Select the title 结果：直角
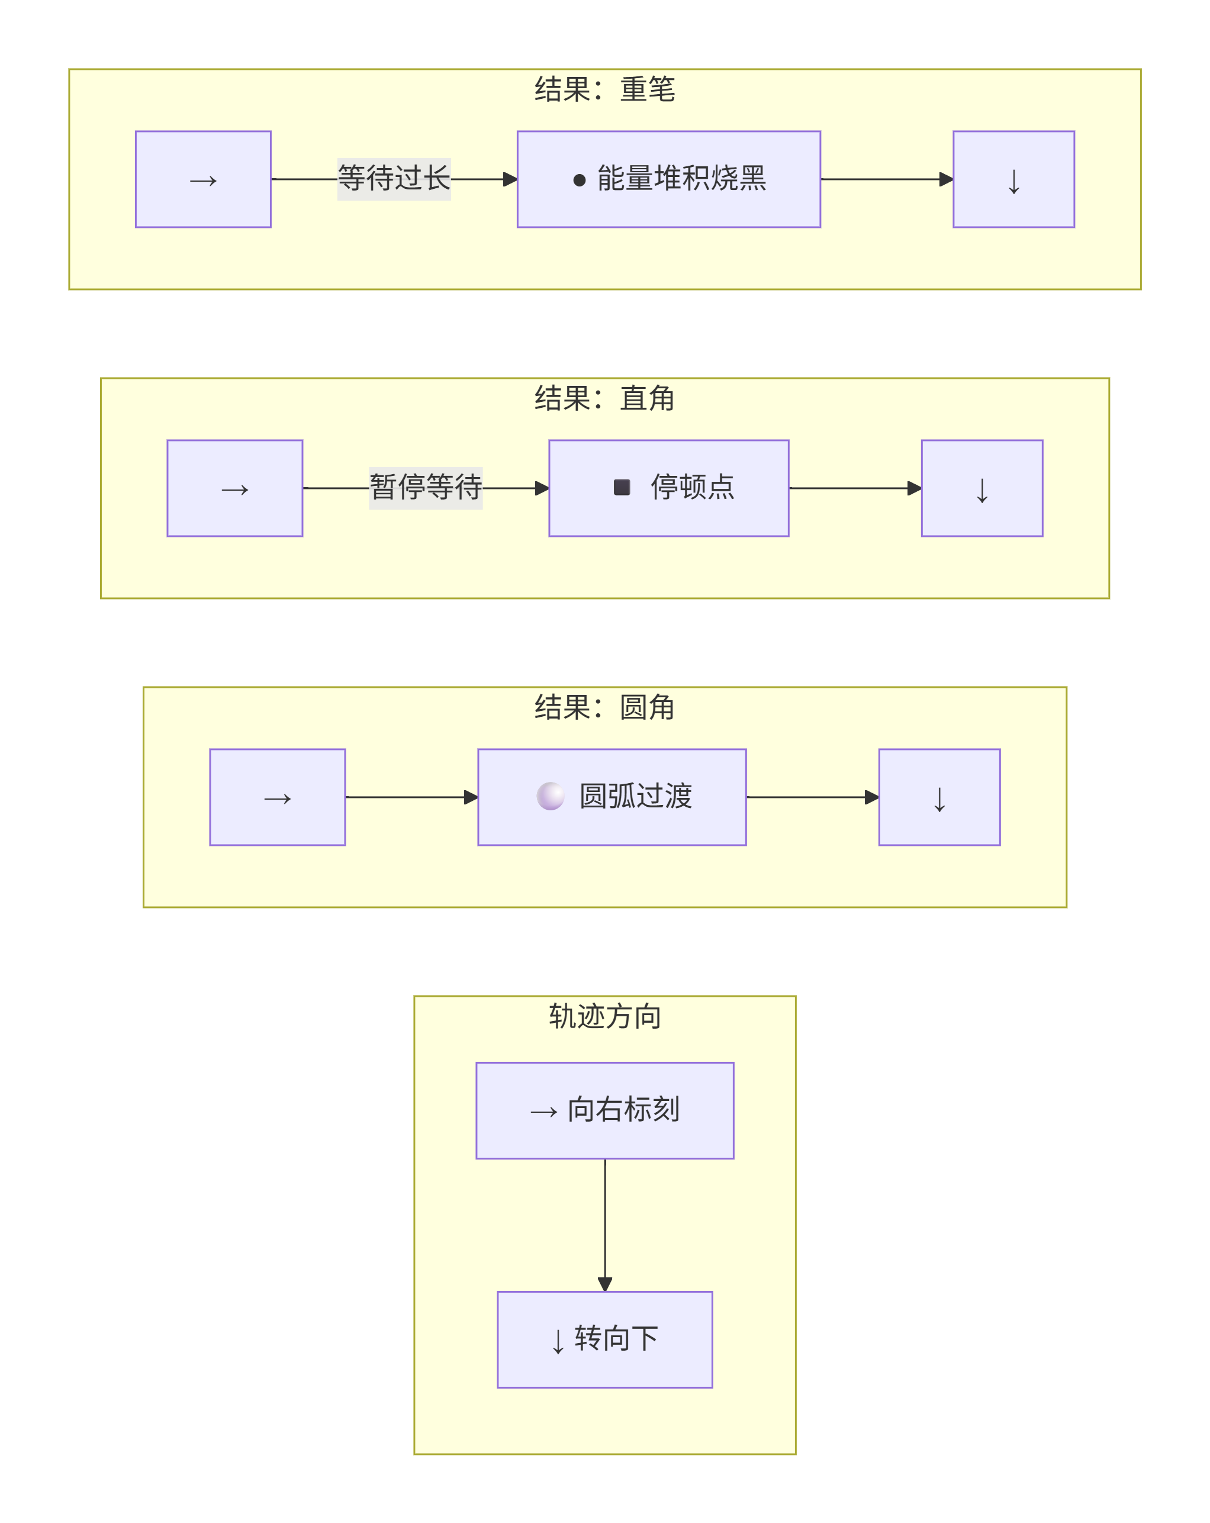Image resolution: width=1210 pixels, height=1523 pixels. coord(604,398)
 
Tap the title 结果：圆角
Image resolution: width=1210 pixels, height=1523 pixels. coord(604,707)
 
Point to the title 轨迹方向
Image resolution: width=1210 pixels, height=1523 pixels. coord(604,1016)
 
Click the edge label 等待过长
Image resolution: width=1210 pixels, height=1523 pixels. coord(394,179)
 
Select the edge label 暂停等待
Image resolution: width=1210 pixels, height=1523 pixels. coord(426,487)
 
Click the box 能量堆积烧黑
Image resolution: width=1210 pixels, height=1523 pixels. coord(669,179)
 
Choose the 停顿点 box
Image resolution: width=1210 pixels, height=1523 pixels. coord(669,488)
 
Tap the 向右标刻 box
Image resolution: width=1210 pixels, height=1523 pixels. coord(604,1110)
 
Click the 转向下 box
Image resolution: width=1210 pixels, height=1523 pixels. coord(604,1340)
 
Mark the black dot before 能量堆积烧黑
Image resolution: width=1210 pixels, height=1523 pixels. coord(579,180)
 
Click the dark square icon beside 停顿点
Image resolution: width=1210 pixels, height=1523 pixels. coord(622,487)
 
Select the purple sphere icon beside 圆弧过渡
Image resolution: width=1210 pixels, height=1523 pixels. coord(551,796)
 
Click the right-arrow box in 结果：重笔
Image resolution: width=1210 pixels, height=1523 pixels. coord(204,179)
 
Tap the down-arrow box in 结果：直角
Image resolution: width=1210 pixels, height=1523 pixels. coord(982,488)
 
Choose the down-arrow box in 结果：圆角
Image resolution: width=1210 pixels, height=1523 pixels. coord(939,797)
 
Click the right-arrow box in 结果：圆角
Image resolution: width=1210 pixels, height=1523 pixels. coord(278,797)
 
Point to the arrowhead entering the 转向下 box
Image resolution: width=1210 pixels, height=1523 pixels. coord(604,1284)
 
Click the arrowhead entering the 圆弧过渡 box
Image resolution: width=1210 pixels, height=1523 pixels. coord(471,797)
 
